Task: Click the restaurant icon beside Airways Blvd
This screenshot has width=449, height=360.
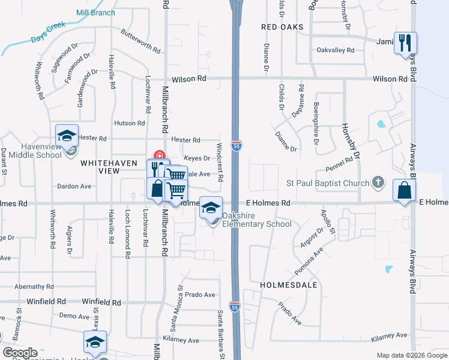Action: coord(405,43)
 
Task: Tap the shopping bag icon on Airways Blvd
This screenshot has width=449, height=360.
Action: coord(404,190)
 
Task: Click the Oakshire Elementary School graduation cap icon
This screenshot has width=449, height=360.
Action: coord(210,208)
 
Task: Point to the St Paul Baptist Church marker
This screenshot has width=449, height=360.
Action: coord(378,181)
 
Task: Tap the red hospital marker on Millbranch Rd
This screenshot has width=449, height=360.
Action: coord(160,155)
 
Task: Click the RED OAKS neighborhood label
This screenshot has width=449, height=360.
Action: coord(282,28)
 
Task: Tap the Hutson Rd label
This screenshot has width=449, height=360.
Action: coord(130,123)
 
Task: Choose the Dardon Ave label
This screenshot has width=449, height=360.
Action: coord(74,186)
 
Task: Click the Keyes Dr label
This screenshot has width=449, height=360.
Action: coord(197,158)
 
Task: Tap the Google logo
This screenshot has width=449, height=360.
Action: coord(20,353)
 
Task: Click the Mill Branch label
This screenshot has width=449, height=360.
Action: coord(95,13)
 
